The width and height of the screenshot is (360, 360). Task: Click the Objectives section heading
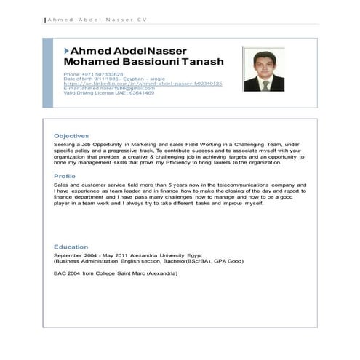(x=71, y=136)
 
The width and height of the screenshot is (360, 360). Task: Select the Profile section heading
(x=65, y=176)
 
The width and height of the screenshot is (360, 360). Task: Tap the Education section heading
(x=71, y=247)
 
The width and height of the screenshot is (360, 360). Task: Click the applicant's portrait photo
(x=261, y=70)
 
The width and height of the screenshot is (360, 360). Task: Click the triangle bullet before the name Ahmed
(x=67, y=50)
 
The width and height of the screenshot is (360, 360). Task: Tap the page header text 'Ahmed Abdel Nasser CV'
(x=86, y=20)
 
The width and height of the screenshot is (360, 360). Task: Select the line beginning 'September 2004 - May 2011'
(x=128, y=256)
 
